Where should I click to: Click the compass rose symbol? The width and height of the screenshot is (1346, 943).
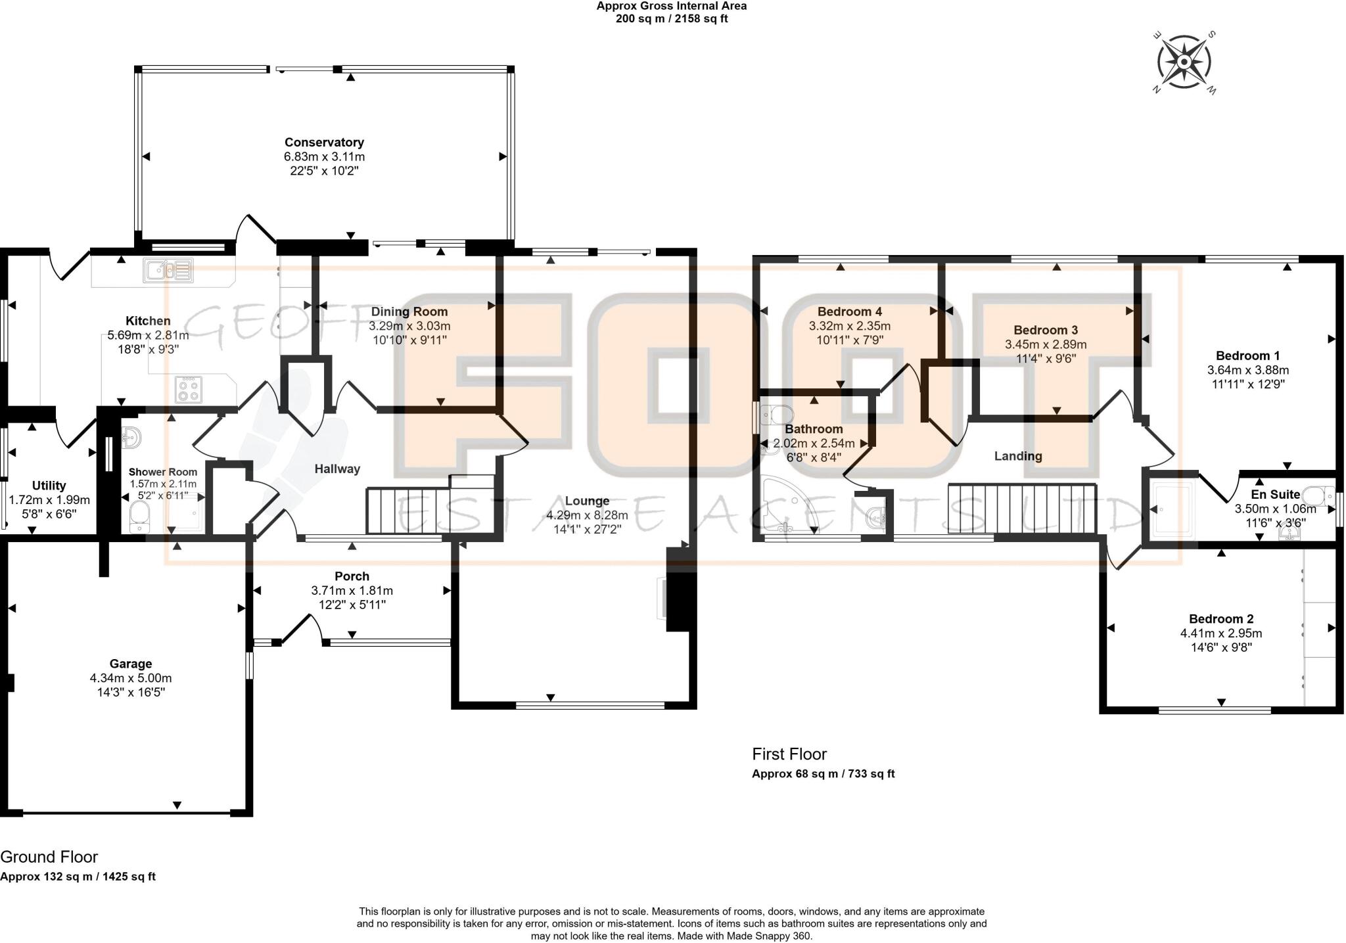pyautogui.click(x=1184, y=62)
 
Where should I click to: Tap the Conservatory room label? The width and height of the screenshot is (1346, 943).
pyautogui.click(x=324, y=143)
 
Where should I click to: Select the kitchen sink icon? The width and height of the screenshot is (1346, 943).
pyautogui.click(x=170, y=269)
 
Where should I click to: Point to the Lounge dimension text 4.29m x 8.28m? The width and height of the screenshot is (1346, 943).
pyautogui.click(x=587, y=515)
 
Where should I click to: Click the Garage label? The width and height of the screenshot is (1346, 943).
pyautogui.click(x=131, y=664)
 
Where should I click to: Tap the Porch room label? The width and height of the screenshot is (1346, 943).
pyautogui.click(x=352, y=576)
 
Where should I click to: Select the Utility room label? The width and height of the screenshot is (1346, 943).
pyautogui.click(x=49, y=486)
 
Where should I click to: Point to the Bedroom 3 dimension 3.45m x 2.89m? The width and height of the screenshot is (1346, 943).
pyautogui.click(x=1045, y=344)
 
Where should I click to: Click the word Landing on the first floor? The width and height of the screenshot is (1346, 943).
pyautogui.click(x=1017, y=456)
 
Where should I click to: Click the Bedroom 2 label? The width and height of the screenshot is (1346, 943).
pyautogui.click(x=1220, y=619)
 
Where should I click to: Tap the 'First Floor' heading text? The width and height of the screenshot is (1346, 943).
pyautogui.click(x=789, y=754)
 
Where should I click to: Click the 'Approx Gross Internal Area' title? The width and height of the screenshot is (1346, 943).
pyautogui.click(x=671, y=6)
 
